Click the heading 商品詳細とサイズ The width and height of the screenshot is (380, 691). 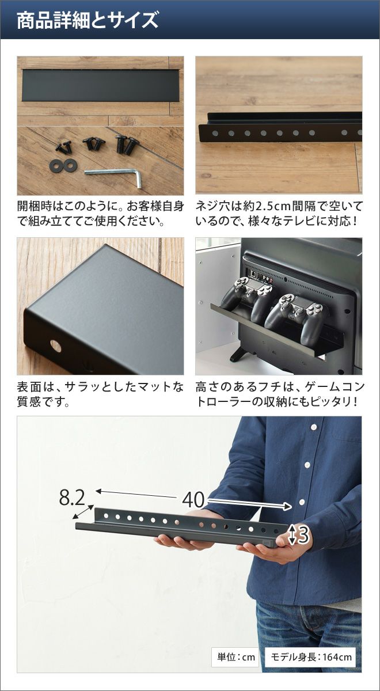point(88,20)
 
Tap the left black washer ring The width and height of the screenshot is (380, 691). point(56,166)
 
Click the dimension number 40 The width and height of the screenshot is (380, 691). point(193,500)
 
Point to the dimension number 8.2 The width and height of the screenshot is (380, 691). point(71,498)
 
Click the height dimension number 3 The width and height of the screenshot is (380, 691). point(304,534)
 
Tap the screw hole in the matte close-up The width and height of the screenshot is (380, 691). point(56,346)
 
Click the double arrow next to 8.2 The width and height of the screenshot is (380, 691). point(83,512)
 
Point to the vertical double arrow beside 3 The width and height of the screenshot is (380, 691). point(292,534)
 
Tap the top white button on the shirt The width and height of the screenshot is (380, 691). point(314,427)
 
